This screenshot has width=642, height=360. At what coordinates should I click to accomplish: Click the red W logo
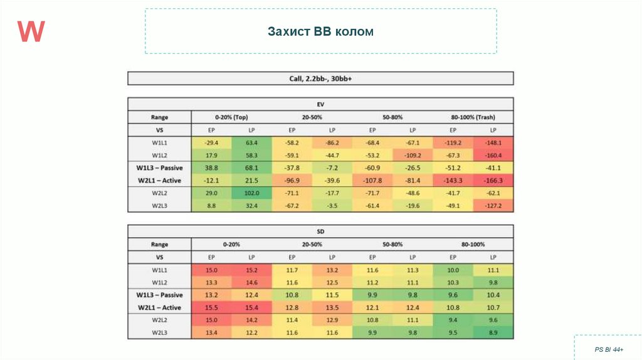[x=31, y=31]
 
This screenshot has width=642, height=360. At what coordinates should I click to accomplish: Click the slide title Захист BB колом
[x=320, y=31]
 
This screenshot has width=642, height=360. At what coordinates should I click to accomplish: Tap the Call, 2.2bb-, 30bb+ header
[x=320, y=78]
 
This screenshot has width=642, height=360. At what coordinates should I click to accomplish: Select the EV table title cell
[x=320, y=104]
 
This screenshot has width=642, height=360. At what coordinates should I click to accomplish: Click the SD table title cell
[x=320, y=231]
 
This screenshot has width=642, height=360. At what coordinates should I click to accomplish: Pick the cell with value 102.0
[x=252, y=193]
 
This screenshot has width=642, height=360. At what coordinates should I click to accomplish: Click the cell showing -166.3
[x=493, y=181]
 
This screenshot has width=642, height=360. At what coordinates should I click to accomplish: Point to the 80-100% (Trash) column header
[x=473, y=117]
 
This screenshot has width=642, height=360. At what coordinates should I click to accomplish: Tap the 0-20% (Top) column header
[x=232, y=117]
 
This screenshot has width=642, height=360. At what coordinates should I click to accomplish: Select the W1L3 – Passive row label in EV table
[x=159, y=168]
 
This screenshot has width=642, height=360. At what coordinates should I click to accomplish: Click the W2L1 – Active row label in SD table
[x=159, y=307]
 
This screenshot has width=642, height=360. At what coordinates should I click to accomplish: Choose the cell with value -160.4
[x=493, y=156]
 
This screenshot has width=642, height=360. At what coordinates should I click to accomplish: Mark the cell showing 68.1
[x=252, y=168]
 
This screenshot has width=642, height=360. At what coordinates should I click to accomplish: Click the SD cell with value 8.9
[x=493, y=332]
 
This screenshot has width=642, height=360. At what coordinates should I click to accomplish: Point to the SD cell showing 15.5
[x=212, y=307]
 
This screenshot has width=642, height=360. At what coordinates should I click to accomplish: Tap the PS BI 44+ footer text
[x=608, y=349]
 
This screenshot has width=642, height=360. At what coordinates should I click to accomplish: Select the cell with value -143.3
[x=453, y=181]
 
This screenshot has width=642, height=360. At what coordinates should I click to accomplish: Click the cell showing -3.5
[x=332, y=206]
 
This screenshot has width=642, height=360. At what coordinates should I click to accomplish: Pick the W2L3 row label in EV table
[x=159, y=206]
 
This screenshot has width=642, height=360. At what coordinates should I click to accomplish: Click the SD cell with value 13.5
[x=332, y=307]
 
